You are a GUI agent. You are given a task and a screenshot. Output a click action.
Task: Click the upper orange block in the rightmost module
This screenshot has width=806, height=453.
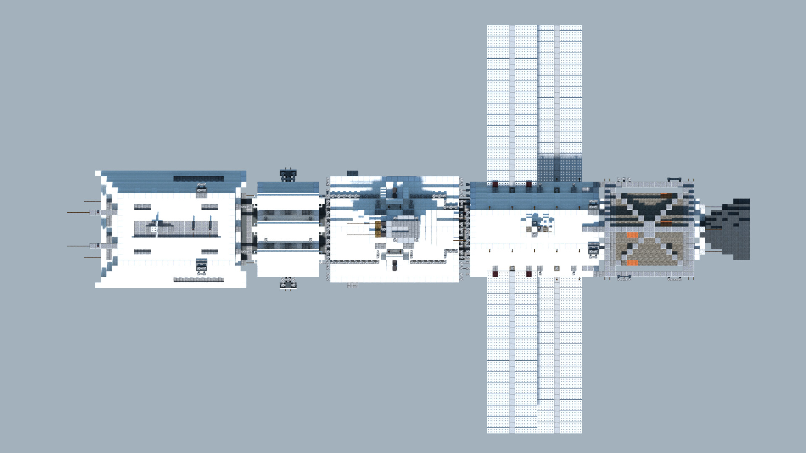pyautogui.click(x=632, y=235)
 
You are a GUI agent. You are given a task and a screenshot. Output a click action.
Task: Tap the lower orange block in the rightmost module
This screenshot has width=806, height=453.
pyautogui.click(x=632, y=263)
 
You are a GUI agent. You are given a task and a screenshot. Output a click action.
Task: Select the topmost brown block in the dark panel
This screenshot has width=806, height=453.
pyautogui.click(x=666, y=195)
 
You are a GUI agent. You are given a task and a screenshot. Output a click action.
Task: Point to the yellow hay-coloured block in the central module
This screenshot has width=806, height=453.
pyautogui.click(x=378, y=229)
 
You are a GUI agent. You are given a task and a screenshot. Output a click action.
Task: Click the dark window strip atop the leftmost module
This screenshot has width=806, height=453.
pyautogui.click(x=199, y=179)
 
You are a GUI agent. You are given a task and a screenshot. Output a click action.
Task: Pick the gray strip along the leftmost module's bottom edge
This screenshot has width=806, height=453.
pyautogui.click(x=199, y=279)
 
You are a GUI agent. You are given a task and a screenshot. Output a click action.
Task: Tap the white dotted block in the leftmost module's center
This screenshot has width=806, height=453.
pyautogui.click(x=154, y=229)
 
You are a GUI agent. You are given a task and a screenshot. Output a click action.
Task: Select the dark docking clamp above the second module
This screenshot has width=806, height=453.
pyautogui.click(x=288, y=175)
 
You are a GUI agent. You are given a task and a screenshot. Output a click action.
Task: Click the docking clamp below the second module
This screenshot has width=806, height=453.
pyautogui.click(x=288, y=283)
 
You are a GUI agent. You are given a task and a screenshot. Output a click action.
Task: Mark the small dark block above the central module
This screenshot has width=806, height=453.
pyautogui.click(x=353, y=173)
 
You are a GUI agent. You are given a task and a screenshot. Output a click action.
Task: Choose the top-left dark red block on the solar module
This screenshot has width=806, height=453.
pyautogui.click(x=495, y=184)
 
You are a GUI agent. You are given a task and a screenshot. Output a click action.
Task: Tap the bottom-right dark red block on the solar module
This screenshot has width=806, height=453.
pyautogui.click(x=529, y=274)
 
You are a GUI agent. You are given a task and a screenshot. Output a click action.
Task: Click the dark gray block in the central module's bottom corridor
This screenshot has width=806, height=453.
pyautogui.click(x=395, y=265)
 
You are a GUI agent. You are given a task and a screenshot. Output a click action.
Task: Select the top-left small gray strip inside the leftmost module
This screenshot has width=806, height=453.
pyautogui.click(x=143, y=207)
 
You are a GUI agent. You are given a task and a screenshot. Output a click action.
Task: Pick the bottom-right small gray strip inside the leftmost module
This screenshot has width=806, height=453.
pyautogui.click(x=210, y=251)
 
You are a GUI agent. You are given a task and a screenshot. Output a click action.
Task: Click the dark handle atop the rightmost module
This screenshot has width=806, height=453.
pyautogui.click(x=674, y=180)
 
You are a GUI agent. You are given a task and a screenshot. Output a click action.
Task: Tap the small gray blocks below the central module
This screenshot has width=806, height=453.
pyautogui.click(x=353, y=286)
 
